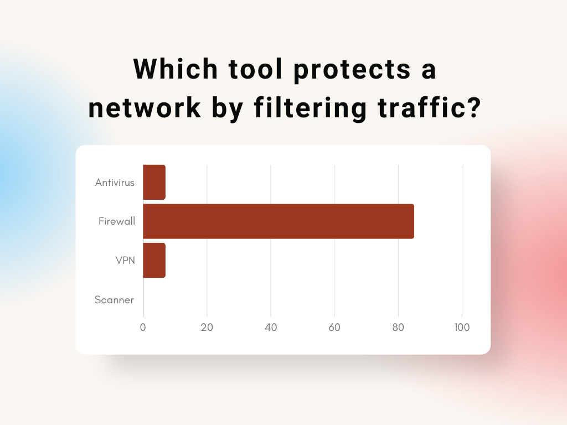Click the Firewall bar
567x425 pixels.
tap(279, 221)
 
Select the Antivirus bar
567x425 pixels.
tap(154, 182)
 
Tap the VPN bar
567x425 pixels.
tap(154, 260)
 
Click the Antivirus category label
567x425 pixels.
tap(115, 183)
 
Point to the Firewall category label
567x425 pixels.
tap(117, 221)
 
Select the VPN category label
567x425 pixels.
tap(125, 260)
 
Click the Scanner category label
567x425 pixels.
tap(114, 299)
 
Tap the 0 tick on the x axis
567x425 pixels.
tap(143, 328)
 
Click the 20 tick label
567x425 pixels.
tap(207, 328)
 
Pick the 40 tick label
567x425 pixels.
tap(271, 328)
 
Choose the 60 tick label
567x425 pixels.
tap(334, 328)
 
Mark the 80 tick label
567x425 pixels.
tap(398, 328)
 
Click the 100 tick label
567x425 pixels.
tap(462, 328)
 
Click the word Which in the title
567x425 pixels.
tap(176, 69)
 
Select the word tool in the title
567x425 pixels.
tap(255, 69)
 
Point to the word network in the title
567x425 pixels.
tap(145, 107)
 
